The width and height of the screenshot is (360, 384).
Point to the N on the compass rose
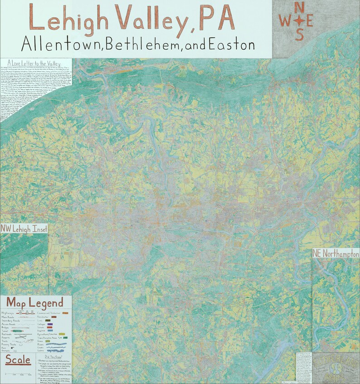point(300,8)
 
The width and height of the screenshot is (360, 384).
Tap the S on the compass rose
point(300,34)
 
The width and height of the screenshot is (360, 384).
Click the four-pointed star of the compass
point(300,20)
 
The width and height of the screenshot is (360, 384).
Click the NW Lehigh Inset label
point(24,229)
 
